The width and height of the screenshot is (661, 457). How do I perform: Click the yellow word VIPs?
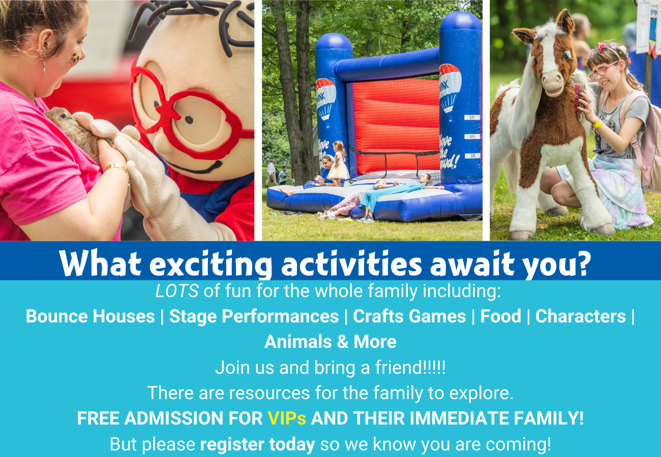point(287,418)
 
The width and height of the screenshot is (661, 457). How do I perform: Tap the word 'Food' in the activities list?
point(500,316)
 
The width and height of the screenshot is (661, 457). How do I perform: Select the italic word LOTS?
point(177,291)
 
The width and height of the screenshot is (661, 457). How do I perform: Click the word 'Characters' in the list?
point(581,316)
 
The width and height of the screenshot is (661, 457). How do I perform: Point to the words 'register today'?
point(257,444)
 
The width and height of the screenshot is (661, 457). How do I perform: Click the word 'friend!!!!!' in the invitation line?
point(410,367)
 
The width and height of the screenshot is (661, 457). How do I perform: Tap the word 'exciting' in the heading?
point(211,263)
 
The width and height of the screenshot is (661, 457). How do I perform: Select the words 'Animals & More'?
point(330,342)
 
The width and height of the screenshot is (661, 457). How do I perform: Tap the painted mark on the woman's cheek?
point(74,58)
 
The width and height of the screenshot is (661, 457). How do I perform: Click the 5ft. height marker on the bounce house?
point(472,117)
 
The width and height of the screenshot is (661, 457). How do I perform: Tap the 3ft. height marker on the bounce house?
point(472,155)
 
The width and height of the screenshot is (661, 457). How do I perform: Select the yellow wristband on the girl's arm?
point(597,124)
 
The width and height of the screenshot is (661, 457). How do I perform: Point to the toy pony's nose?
point(553,82)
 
